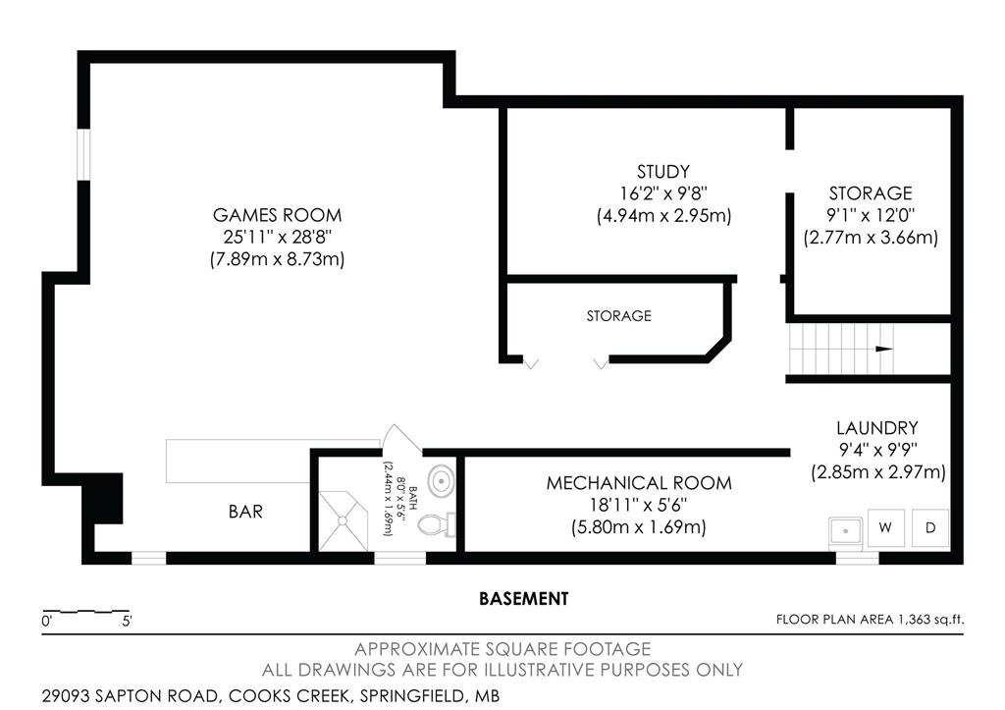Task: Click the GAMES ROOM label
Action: click(x=277, y=214)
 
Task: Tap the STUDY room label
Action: click(x=663, y=171)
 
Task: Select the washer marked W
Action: click(x=886, y=528)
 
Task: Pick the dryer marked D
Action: click(x=930, y=528)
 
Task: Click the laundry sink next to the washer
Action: click(x=845, y=531)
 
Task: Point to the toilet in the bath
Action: click(x=437, y=525)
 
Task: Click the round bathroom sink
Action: click(x=441, y=480)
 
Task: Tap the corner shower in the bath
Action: click(x=343, y=520)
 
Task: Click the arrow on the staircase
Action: click(x=884, y=349)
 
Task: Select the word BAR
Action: click(x=245, y=512)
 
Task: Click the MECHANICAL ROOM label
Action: click(x=638, y=483)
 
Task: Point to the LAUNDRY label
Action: click(x=876, y=428)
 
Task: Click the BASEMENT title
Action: click(x=524, y=598)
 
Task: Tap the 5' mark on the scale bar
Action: click(x=127, y=621)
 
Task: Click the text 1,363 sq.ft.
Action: click(x=931, y=620)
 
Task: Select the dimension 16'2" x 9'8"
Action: click(x=663, y=193)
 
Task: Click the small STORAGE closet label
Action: click(x=618, y=315)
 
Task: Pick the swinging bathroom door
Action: click(x=401, y=438)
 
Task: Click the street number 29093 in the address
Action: click(x=67, y=696)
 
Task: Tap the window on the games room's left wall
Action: click(x=83, y=155)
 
